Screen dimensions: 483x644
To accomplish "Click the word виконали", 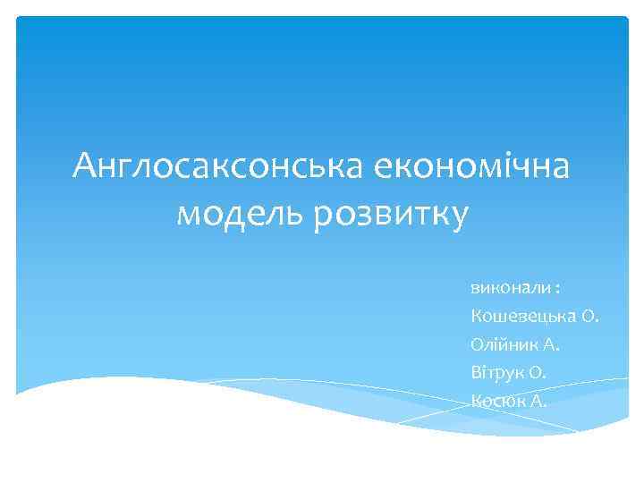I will [505, 289].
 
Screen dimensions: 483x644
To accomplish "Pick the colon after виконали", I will [557, 289].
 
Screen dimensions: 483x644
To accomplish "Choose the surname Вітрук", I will [495, 372].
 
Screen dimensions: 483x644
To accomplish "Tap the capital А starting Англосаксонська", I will [87, 165].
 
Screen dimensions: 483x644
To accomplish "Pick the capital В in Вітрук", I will [474, 372].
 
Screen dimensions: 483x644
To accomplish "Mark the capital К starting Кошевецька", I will [474, 317].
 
